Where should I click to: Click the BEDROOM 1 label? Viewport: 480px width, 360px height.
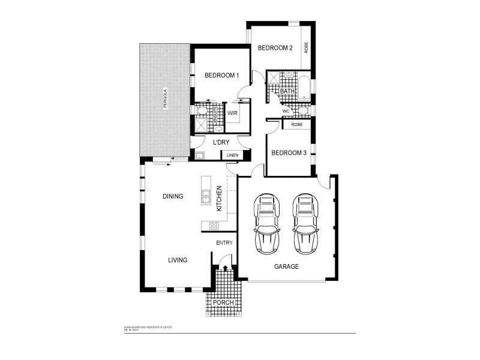221,75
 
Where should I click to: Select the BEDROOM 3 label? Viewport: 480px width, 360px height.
289,153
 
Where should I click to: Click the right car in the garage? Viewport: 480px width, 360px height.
305,223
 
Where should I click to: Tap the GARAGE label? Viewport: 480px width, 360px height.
286,266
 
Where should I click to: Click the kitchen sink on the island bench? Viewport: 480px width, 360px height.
205,195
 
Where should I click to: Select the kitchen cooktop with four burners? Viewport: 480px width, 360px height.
213,226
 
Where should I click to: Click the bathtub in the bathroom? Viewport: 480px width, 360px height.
303,87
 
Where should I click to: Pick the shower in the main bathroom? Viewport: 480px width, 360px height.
273,78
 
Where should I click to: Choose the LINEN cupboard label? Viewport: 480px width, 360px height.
232,155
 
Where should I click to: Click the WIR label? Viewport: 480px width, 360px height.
232,113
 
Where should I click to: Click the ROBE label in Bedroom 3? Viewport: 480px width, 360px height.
296,125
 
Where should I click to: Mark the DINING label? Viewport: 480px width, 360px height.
173,196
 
